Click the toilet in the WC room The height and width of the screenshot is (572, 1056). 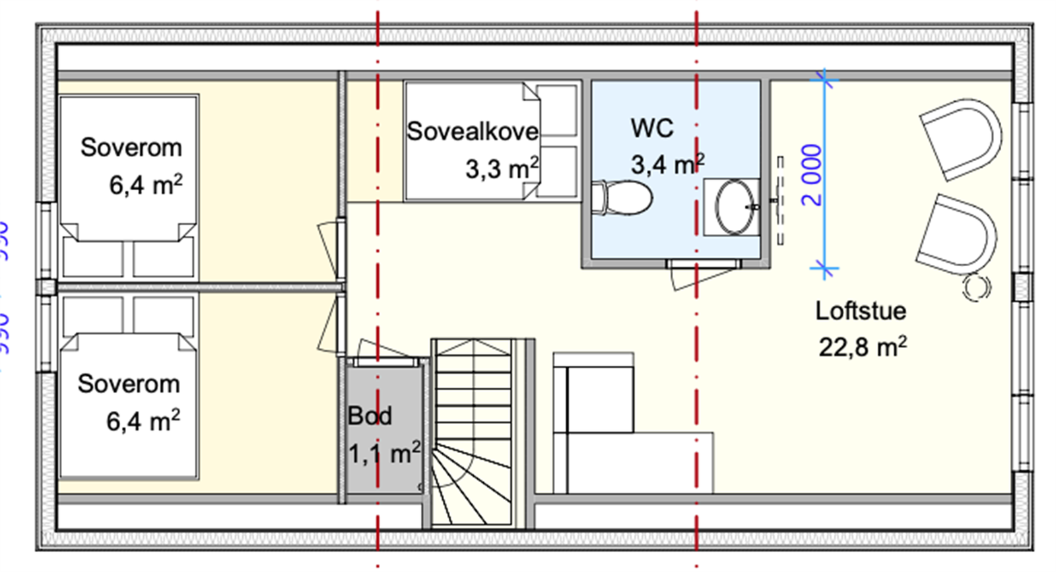coord(624,198)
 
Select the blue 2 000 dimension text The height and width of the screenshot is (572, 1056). coord(812,174)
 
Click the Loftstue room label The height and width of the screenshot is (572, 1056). coord(860,311)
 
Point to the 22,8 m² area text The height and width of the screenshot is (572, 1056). coord(862,347)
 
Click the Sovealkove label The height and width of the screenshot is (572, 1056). coord(472,131)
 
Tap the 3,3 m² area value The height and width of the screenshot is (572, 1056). coord(501,169)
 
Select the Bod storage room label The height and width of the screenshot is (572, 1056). coord(370,416)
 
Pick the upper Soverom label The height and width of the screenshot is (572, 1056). coord(131,148)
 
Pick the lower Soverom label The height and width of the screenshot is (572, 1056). coord(129,384)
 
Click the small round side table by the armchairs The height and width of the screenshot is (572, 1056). coord(976,287)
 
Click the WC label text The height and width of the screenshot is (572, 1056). coord(651,128)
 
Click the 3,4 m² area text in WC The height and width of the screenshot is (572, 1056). coord(667,164)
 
